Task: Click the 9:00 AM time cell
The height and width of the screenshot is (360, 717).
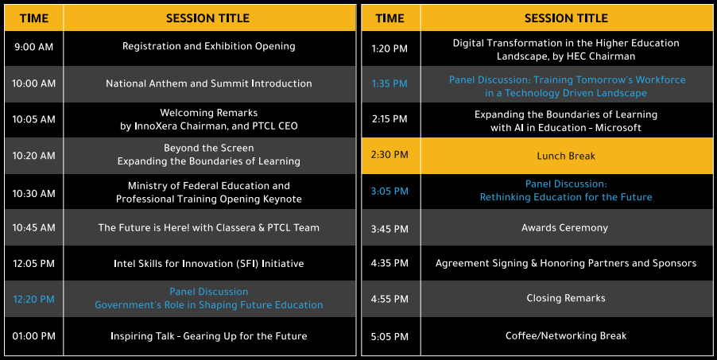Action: [34, 47]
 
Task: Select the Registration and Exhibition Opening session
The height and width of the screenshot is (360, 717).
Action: [209, 47]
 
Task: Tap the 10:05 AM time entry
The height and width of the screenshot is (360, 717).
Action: [34, 119]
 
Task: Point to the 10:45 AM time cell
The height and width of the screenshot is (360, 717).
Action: [34, 228]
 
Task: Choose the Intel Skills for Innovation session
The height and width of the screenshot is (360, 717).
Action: [209, 264]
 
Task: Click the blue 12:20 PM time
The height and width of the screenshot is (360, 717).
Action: [34, 300]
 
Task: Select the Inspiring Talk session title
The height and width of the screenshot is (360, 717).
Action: [209, 336]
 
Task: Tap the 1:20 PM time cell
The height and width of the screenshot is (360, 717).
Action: [390, 49]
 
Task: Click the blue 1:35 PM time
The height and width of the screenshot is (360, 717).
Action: [390, 84]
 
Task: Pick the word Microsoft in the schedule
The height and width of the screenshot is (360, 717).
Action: [618, 128]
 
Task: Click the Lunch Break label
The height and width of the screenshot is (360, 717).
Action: [566, 157]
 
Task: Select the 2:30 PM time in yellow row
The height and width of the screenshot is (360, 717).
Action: [390, 155]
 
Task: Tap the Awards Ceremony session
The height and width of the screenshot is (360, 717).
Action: [564, 228]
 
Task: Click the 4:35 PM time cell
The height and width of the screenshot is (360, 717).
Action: [390, 264]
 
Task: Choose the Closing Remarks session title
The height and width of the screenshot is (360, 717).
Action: [566, 299]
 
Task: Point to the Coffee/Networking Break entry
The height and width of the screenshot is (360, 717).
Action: [566, 336]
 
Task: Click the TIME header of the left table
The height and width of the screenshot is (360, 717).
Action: [34, 18]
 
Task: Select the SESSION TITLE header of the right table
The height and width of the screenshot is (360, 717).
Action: [566, 18]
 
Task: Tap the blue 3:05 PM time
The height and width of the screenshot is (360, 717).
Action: [390, 192]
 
